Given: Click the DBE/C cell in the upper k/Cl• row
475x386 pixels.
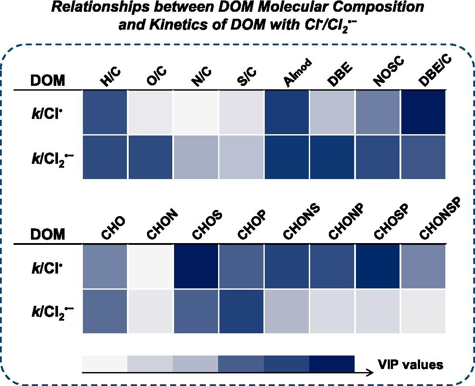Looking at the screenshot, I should pos(423,112).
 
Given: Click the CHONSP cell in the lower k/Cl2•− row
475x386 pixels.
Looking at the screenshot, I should pos(423,311).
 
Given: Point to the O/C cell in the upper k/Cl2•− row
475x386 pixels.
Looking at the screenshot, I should pos(150,157).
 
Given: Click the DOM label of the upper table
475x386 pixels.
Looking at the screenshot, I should pos(48,81).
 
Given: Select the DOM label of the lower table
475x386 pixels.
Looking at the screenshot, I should pos(48,235).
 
